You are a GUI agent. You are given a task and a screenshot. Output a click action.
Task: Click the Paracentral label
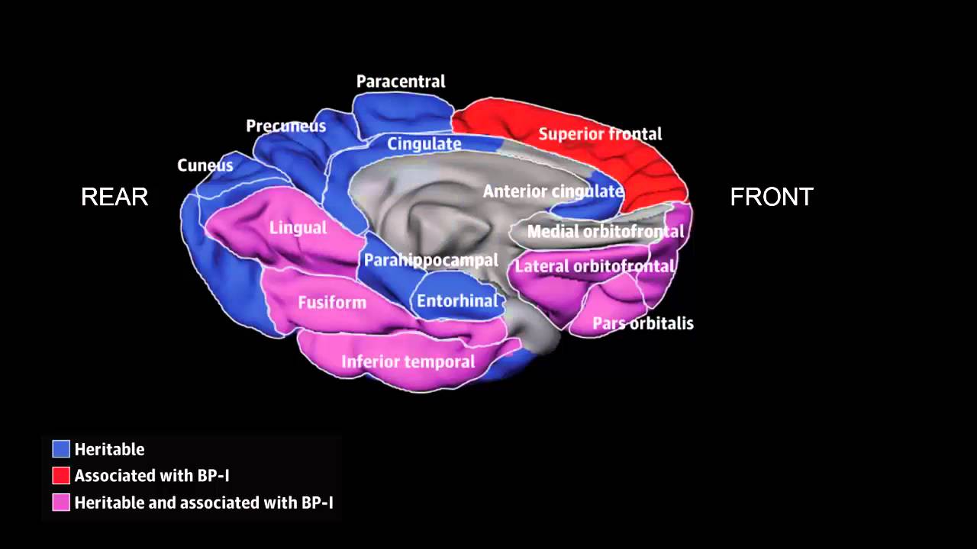tap(401, 82)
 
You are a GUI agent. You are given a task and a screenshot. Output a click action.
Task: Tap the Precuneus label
tap(285, 126)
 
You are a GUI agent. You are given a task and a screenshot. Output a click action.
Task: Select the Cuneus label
tap(205, 165)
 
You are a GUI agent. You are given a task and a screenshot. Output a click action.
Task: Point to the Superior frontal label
tap(600, 134)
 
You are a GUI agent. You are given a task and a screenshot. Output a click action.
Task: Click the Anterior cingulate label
tap(553, 191)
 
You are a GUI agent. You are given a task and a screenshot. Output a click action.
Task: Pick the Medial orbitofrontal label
tap(605, 231)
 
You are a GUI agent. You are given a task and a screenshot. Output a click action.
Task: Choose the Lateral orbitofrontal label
tap(595, 266)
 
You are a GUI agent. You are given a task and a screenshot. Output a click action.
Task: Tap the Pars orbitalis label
tap(643, 323)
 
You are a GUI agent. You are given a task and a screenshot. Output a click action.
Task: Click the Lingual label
tap(298, 227)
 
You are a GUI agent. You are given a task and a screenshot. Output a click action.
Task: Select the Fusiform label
tap(332, 303)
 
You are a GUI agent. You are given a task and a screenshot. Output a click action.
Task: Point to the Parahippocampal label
tap(430, 260)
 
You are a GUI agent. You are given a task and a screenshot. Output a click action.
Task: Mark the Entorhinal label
tap(457, 301)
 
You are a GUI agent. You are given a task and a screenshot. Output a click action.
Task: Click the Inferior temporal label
tap(408, 361)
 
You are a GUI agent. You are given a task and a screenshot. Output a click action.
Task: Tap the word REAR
tap(114, 197)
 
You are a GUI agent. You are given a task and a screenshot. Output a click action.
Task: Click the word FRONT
tap(772, 197)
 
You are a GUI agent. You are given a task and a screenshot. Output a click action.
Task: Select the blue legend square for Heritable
tap(61, 449)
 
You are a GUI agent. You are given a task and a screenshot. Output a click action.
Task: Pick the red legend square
tap(61, 476)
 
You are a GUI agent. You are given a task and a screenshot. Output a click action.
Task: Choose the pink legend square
tap(61, 502)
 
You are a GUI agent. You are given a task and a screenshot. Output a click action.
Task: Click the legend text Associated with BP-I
tap(152, 476)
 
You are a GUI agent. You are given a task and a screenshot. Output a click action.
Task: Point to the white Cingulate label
tap(424, 143)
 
